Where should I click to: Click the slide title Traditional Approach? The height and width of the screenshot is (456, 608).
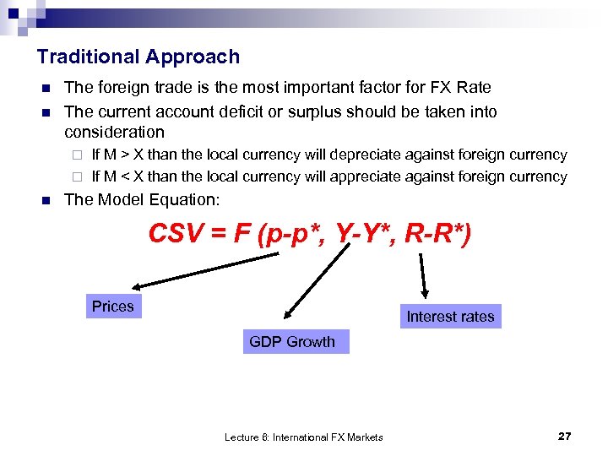click(x=138, y=57)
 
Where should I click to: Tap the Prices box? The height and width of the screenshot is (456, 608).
click(x=113, y=307)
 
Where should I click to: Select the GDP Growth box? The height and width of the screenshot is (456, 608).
click(x=292, y=342)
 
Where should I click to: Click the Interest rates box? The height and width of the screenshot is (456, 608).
click(x=450, y=317)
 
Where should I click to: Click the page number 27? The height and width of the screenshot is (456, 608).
click(x=565, y=436)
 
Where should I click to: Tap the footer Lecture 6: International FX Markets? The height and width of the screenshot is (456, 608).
click(x=303, y=437)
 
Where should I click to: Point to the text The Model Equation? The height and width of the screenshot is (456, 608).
click(x=142, y=199)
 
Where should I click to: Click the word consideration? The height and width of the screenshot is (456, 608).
click(x=114, y=132)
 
